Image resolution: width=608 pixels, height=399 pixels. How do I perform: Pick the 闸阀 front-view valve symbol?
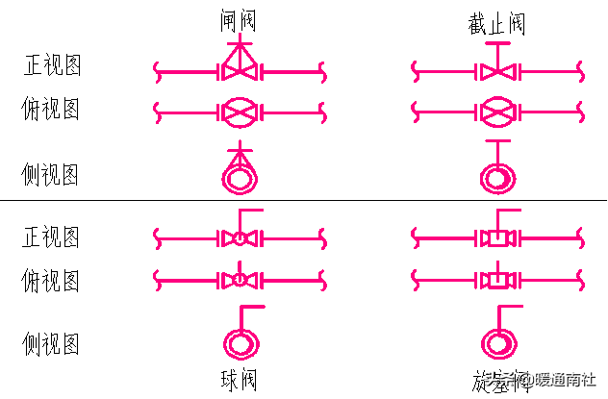(x=238, y=68)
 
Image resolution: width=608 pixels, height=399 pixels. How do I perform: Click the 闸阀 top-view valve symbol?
(x=238, y=112)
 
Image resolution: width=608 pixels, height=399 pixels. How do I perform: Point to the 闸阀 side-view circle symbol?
(x=238, y=176)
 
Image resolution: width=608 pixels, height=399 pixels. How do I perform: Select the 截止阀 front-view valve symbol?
(x=495, y=70)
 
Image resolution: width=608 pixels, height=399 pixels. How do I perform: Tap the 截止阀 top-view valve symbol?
(x=495, y=112)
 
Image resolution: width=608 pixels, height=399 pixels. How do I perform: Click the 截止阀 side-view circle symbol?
(x=496, y=178)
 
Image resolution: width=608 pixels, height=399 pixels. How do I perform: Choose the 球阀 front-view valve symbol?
(x=238, y=237)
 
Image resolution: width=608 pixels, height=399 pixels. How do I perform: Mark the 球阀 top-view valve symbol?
(x=238, y=280)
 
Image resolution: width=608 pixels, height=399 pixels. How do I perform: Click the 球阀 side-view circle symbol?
(x=238, y=341)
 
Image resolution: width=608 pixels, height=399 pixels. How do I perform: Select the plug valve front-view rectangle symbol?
(x=495, y=237)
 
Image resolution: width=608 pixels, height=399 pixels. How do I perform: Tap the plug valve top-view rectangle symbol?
(x=495, y=280)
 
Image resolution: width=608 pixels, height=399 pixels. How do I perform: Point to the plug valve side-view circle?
(x=496, y=341)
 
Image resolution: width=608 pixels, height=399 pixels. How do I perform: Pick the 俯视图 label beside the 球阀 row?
(x=51, y=281)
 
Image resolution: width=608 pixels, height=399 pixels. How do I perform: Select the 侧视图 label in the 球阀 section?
(x=51, y=343)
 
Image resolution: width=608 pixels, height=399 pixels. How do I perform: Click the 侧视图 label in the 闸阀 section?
(x=51, y=175)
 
